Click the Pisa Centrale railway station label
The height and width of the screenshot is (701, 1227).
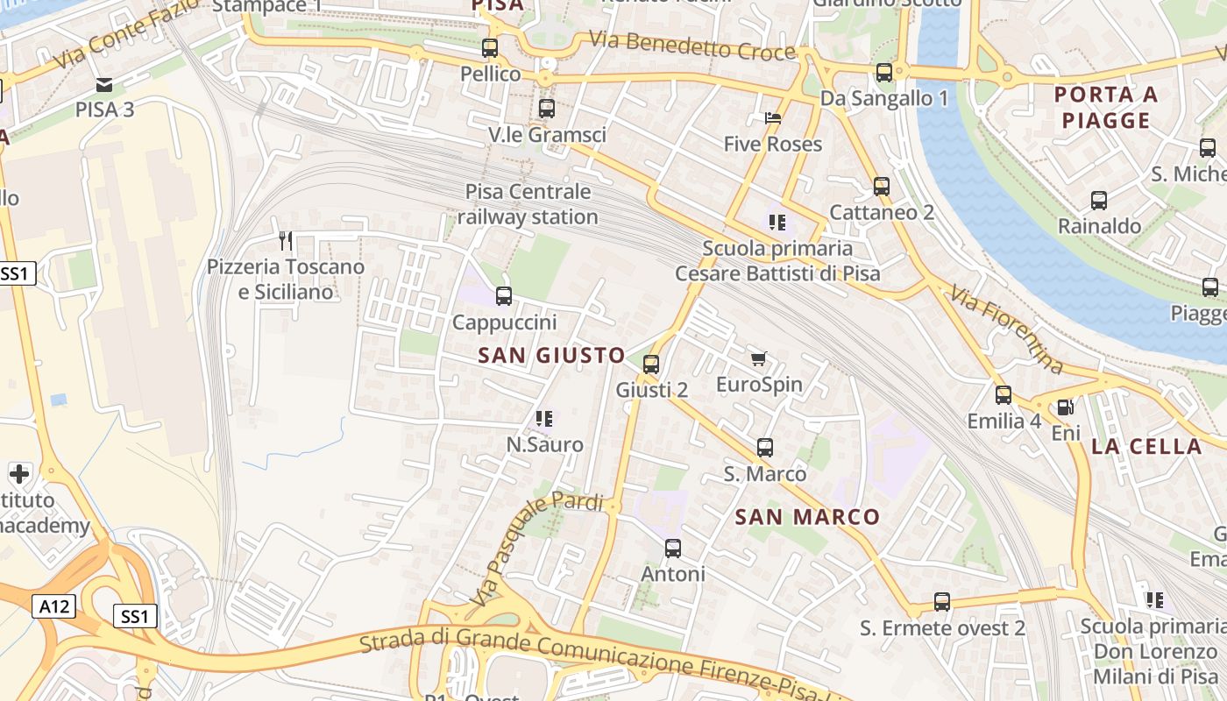click(x=528, y=204)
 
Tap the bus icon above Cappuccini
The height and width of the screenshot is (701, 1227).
click(x=504, y=296)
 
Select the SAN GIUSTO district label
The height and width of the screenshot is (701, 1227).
click(x=552, y=355)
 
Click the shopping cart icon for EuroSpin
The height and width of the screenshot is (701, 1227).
click(x=759, y=358)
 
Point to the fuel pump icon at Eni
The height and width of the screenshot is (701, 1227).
click(x=1065, y=407)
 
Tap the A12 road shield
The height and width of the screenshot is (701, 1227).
click(x=56, y=605)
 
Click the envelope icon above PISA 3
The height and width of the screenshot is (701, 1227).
click(x=104, y=85)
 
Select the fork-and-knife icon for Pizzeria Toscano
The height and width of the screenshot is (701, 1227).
click(x=285, y=240)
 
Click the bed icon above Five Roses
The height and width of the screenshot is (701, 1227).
click(x=773, y=117)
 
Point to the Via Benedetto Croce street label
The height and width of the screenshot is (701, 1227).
click(x=692, y=46)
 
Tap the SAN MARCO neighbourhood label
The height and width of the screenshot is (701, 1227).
click(x=807, y=517)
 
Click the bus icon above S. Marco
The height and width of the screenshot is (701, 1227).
click(x=765, y=448)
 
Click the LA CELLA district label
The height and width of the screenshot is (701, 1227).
click(x=1146, y=446)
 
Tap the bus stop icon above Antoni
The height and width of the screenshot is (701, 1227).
click(x=673, y=549)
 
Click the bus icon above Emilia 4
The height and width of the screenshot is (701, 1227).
click(x=1004, y=395)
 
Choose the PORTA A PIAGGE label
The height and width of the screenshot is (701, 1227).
click(x=1106, y=107)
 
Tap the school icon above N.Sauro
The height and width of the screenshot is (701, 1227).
click(x=544, y=419)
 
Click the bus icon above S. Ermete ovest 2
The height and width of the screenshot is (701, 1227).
click(x=942, y=602)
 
